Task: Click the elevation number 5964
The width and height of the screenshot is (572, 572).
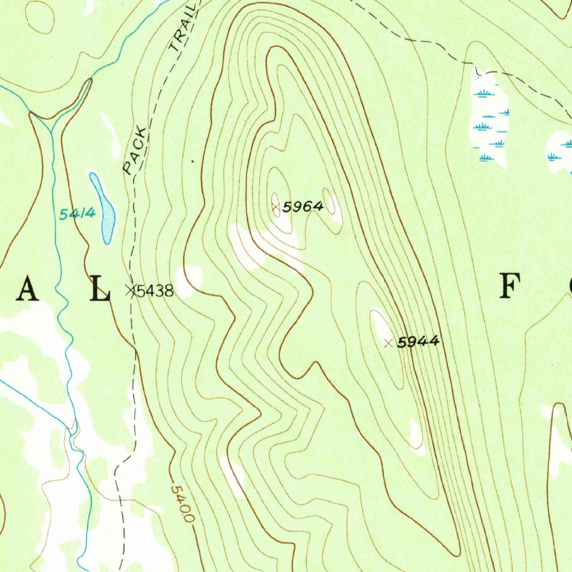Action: click(x=303, y=207)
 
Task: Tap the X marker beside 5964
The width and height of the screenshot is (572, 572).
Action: click(x=275, y=207)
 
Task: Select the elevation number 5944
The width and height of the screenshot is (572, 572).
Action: click(x=418, y=342)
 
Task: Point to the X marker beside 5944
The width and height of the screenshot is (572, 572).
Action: click(x=388, y=342)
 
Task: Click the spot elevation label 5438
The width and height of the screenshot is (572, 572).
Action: click(x=155, y=291)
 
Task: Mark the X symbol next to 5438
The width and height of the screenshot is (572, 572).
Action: click(x=131, y=290)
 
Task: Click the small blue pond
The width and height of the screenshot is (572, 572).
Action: click(x=104, y=209)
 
